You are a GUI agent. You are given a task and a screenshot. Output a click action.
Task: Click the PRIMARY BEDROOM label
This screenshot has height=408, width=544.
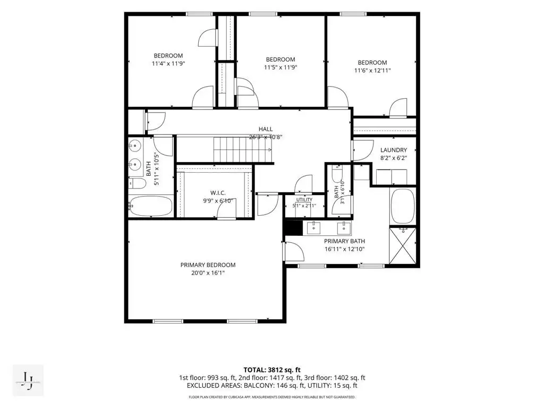click(208, 265)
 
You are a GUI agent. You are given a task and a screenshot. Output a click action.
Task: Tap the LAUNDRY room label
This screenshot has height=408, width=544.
click(394, 150)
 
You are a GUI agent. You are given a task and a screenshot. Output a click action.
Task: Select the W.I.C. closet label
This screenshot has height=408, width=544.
click(218, 193)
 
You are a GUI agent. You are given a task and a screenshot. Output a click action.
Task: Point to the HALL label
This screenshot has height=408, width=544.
click(266, 129)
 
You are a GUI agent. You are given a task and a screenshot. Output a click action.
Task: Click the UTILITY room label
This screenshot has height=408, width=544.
click(304, 200)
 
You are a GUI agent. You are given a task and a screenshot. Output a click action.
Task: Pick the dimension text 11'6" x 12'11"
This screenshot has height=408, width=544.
click(372, 71)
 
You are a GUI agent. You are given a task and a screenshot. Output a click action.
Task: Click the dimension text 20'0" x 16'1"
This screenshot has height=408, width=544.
click(208, 273)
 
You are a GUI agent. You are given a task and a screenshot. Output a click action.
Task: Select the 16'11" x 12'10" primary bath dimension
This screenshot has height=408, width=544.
click(344, 249)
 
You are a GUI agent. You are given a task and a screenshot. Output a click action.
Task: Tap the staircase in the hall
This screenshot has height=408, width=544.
click(242, 150)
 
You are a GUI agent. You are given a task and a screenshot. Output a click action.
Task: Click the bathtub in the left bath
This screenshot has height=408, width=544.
click(151, 206)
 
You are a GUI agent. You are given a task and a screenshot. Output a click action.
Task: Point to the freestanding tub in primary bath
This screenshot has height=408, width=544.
click(403, 206)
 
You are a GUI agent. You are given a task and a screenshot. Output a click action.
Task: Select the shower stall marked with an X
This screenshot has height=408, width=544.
click(403, 245)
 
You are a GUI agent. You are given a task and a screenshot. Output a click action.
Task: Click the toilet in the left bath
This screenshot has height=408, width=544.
click(138, 183)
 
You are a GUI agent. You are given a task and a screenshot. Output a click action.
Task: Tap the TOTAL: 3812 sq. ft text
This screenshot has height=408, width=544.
click(272, 370)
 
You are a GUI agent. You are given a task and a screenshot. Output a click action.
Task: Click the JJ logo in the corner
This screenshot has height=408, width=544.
click(28, 380)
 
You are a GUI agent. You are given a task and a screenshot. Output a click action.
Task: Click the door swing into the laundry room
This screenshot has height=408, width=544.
click(363, 150)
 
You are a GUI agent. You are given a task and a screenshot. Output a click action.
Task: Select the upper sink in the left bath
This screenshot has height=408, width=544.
click(135, 145)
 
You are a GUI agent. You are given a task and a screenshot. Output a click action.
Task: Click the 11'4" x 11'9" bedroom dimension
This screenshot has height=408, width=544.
click(168, 64)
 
